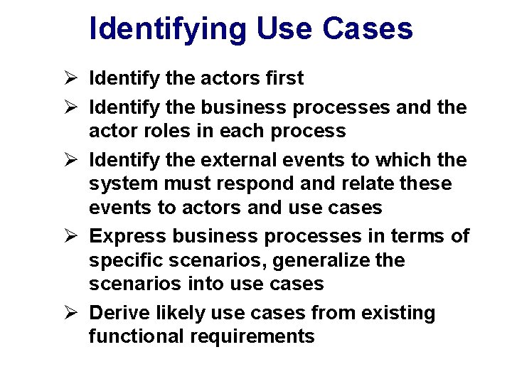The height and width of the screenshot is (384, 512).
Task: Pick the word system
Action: (125, 184)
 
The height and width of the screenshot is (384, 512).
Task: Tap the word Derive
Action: (119, 313)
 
